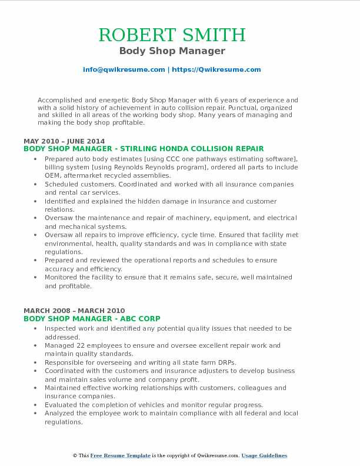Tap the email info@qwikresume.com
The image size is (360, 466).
(x=124, y=69)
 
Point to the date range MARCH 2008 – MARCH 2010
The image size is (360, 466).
(x=67, y=310)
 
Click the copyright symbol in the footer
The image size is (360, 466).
(x=75, y=455)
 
